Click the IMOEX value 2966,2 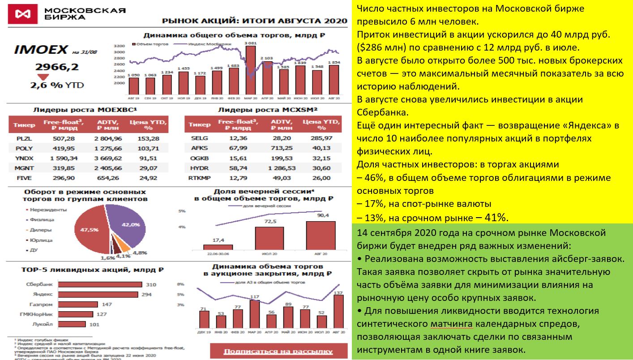[x=57, y=67]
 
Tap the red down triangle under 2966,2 [x=43, y=77]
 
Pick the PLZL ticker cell [x=21, y=138]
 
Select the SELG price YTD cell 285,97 [x=322, y=138]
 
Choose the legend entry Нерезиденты [x=48, y=209]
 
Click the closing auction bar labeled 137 [x=338, y=312]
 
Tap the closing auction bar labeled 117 [x=255, y=315]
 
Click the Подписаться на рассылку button [x=278, y=351]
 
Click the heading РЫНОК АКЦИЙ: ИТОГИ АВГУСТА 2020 [x=254, y=21]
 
